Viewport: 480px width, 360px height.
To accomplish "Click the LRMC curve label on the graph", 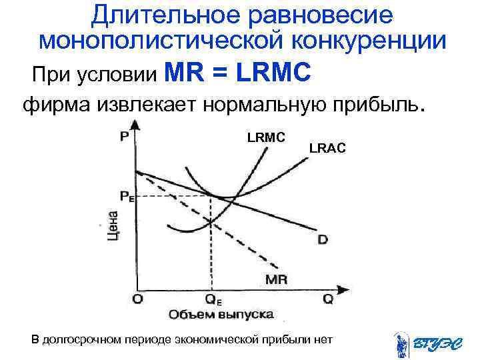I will coord(266,137).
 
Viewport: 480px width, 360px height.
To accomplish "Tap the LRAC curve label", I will coord(327,149).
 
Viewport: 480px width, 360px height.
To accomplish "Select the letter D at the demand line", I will coord(323,238).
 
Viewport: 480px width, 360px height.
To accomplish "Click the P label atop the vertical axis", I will coord(125,136).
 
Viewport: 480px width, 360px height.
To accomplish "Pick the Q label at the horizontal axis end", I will coord(327,299).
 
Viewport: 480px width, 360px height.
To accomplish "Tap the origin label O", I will coord(137,299).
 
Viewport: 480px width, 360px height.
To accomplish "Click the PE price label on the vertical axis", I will coord(127,196).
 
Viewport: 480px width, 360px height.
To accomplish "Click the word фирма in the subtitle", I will coord(56,105).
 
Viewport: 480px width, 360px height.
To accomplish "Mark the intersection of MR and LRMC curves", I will coord(211,222).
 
